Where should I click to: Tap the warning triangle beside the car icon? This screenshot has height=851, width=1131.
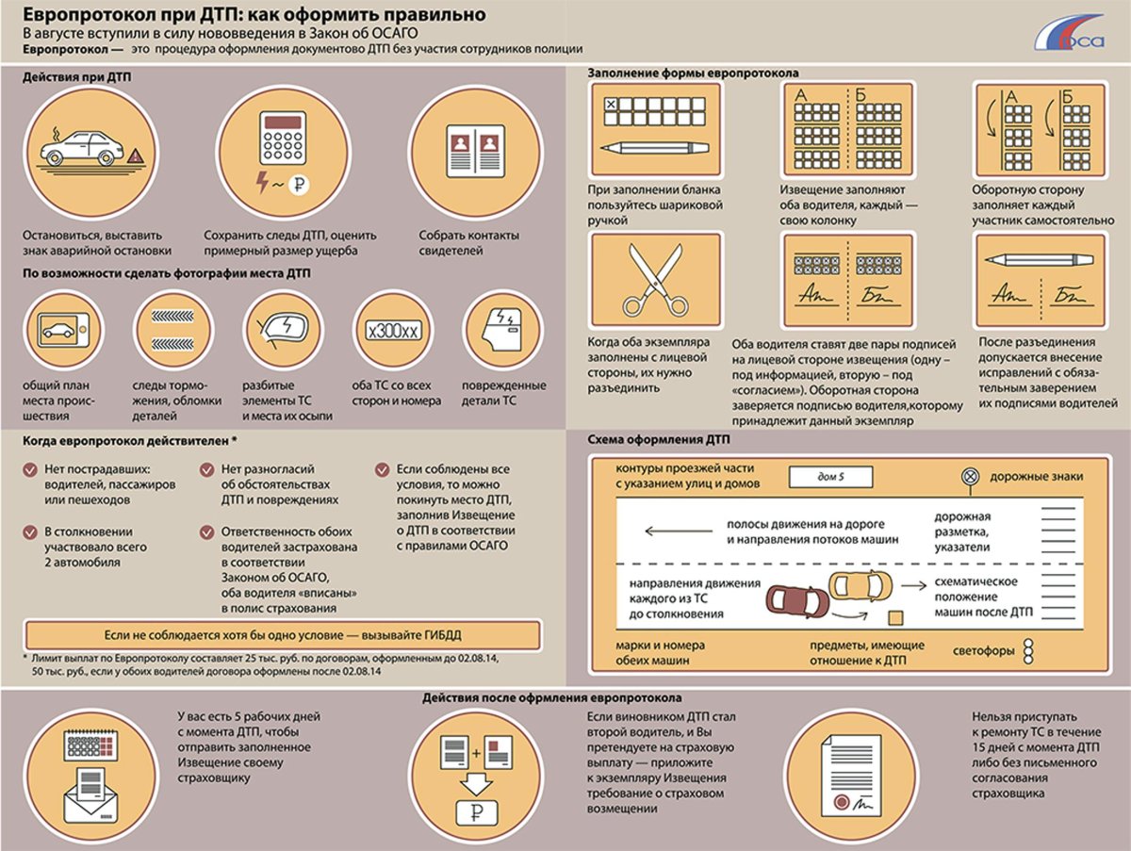click(x=135, y=155)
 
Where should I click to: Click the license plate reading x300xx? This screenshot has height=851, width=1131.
click(x=394, y=331)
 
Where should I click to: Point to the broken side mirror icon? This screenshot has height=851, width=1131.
click(x=284, y=329)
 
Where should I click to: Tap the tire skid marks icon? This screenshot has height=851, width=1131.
click(x=172, y=330)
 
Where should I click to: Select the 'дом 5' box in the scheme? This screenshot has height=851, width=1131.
click(x=830, y=477)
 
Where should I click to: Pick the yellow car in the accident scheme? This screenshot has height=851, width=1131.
click(x=860, y=584)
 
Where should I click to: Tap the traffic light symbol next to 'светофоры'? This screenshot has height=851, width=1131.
click(x=1028, y=651)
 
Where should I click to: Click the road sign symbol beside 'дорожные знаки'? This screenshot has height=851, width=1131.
click(x=970, y=477)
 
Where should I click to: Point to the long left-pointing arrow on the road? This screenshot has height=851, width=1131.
click(x=679, y=531)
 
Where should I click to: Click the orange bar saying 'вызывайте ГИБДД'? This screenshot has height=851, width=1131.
click(x=283, y=635)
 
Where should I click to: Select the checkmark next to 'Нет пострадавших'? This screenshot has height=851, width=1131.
click(x=30, y=470)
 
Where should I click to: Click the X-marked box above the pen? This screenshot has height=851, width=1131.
click(x=611, y=105)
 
